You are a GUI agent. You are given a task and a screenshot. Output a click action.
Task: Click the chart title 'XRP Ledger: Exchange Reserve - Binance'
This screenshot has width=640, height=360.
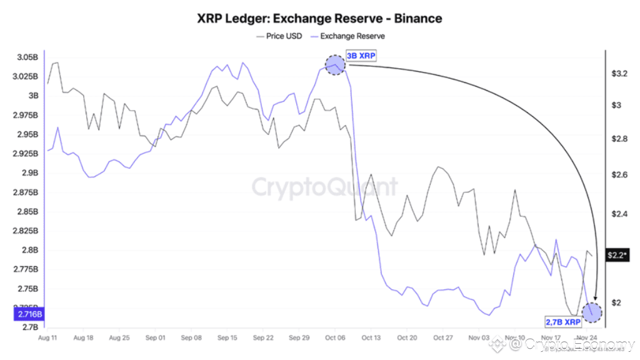click(x=320, y=18)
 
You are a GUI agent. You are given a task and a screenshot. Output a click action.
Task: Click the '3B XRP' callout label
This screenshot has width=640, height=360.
click(x=361, y=57)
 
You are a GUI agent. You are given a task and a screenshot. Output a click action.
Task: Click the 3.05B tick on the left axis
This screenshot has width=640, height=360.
click(x=26, y=57)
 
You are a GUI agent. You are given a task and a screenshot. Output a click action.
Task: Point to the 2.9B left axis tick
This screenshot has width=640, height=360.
click(x=29, y=173)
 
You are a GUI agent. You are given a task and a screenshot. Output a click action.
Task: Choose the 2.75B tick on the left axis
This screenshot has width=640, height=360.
click(x=27, y=289)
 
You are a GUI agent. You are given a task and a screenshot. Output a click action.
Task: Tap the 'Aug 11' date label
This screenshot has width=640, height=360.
click(x=48, y=337)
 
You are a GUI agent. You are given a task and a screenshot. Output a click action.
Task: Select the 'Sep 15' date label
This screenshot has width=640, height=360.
click(x=227, y=337)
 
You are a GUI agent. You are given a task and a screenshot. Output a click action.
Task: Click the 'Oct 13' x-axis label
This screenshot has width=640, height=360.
click(x=371, y=337)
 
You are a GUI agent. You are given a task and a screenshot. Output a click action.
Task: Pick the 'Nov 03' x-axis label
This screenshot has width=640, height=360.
click(x=479, y=337)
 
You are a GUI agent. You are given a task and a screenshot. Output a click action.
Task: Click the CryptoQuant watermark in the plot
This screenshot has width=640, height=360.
click(x=325, y=187)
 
